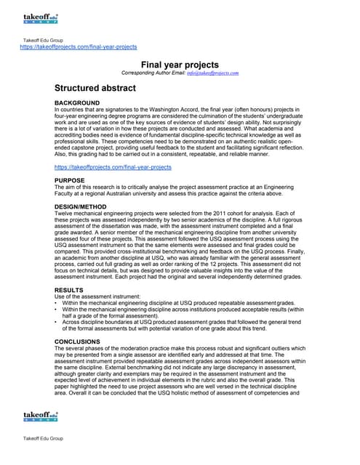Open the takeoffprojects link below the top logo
click(78, 46)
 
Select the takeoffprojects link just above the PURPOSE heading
click(113, 167)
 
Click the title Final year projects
click(179, 65)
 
